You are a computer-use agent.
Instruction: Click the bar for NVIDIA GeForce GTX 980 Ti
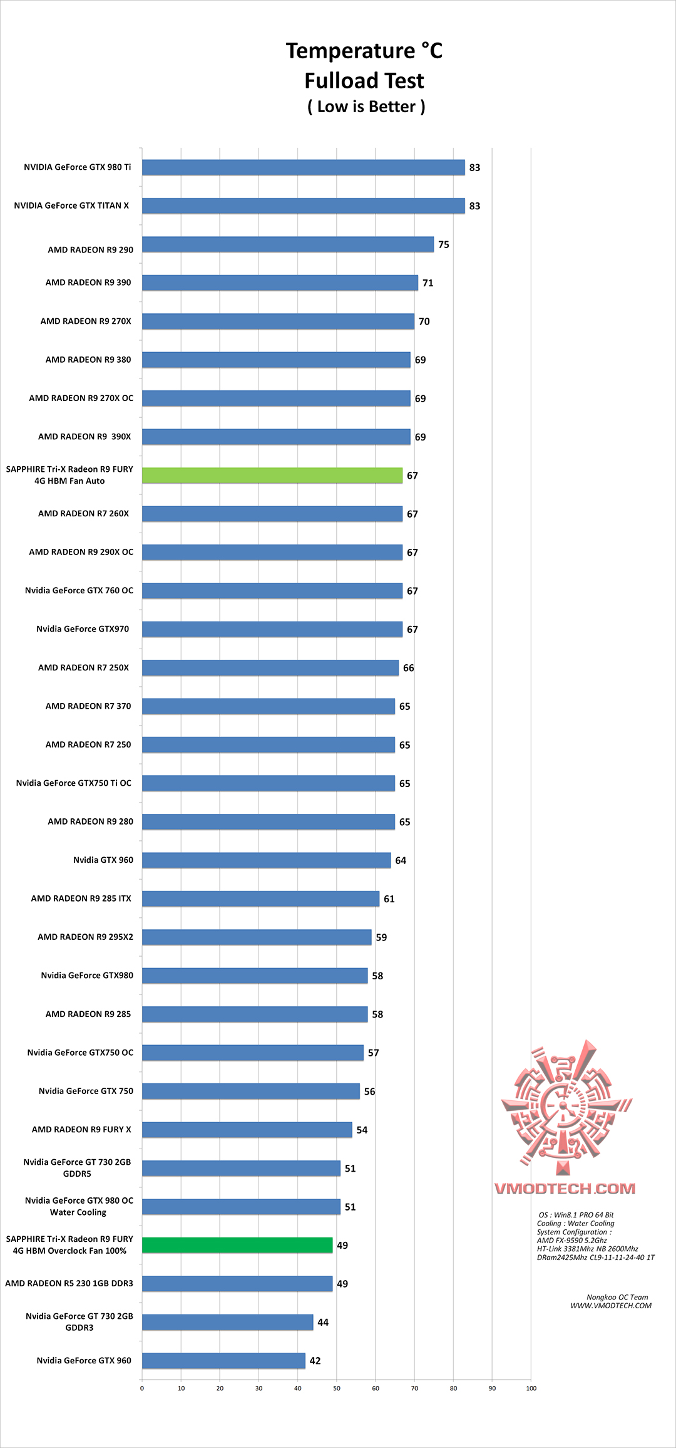pos(303,167)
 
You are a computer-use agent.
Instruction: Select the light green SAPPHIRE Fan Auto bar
pos(272,476)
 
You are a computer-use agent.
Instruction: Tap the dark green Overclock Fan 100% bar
pos(237,1245)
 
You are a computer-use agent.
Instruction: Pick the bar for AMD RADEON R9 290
pos(287,244)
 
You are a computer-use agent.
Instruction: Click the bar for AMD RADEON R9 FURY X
pos(247,1130)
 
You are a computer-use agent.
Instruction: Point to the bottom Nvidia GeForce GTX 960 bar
pos(223,1360)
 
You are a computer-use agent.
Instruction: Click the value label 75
pos(444,244)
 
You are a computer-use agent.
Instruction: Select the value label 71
pos(428,283)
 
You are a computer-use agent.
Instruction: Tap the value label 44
pos(323,1322)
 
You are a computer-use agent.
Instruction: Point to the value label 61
pos(389,899)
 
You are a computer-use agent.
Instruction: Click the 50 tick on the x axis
pos(337,1388)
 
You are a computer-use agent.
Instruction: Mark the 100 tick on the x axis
pos(531,1388)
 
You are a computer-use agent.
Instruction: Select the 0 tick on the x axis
pos(142,1388)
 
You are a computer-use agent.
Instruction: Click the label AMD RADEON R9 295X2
pos(85,937)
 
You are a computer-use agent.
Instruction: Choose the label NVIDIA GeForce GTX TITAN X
pos(71,206)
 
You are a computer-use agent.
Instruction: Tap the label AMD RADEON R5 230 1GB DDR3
pos(69,1283)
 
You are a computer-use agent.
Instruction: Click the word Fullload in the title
pos(338,81)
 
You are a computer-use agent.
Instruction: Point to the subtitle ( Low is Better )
pos(366,107)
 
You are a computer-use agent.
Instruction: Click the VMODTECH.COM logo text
pos(565,1189)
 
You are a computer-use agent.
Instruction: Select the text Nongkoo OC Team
pos(617,1297)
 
